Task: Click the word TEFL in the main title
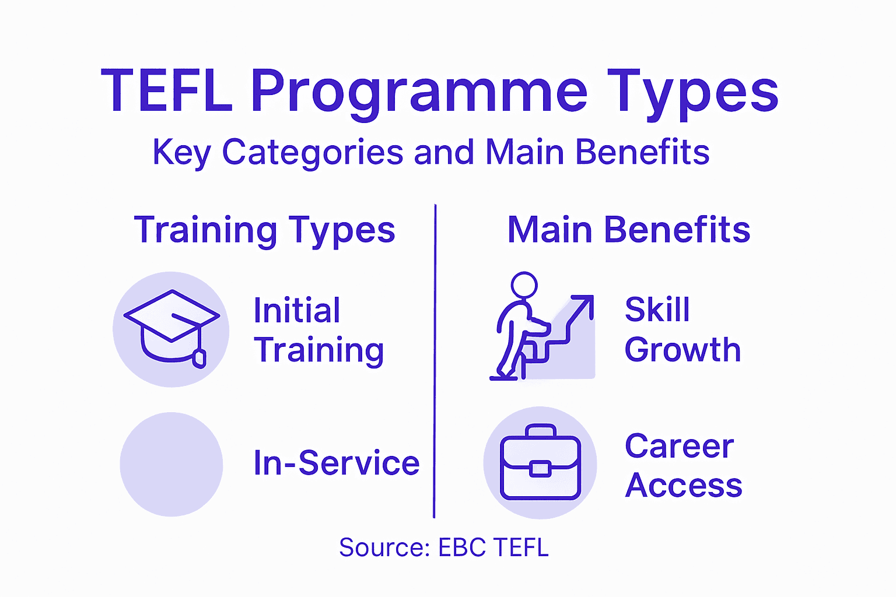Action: tap(167, 92)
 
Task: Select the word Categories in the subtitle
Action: tap(313, 153)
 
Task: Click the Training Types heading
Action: tap(264, 230)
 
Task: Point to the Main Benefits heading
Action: tap(628, 230)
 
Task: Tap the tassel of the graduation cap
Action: tap(199, 357)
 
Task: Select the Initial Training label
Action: tap(318, 330)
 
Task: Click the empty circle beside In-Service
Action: tap(171, 464)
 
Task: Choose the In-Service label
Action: tap(337, 463)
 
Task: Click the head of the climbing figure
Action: tap(524, 285)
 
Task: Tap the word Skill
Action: tap(657, 310)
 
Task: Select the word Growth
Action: tap(682, 350)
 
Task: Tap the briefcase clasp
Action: tap(540, 469)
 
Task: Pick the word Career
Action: tap(679, 447)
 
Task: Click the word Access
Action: tap(683, 486)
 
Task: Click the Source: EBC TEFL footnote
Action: tap(444, 548)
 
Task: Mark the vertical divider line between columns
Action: tap(435, 361)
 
